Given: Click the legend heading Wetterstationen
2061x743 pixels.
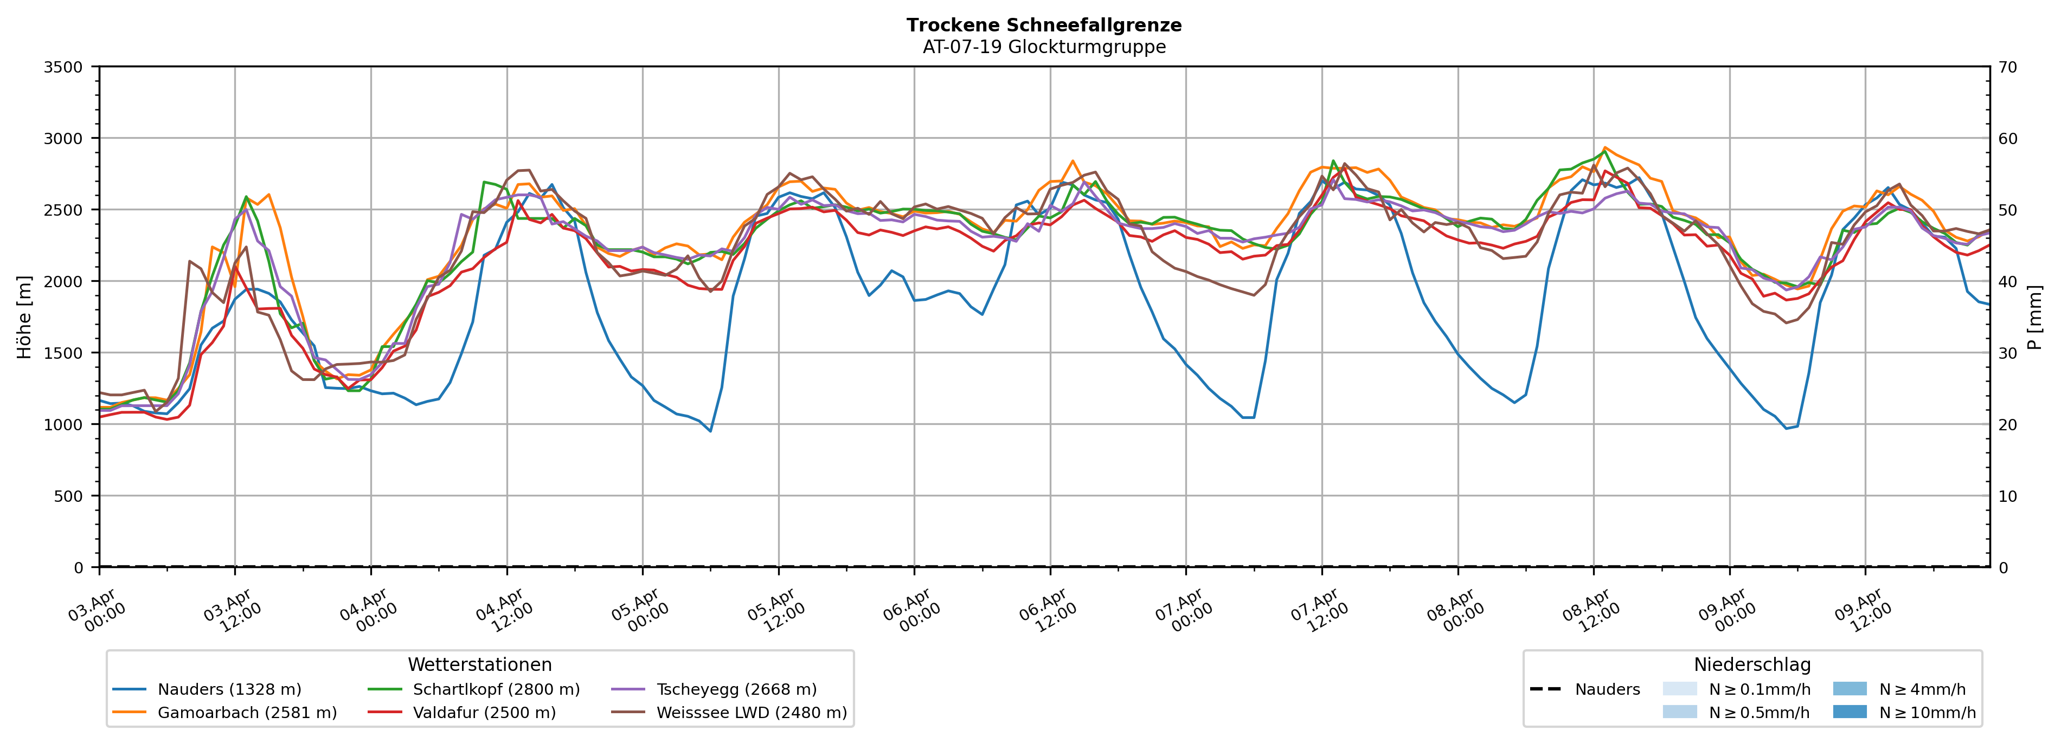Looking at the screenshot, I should pos(479,664).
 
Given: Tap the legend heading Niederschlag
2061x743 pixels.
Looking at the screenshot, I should pos(1751,664).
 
